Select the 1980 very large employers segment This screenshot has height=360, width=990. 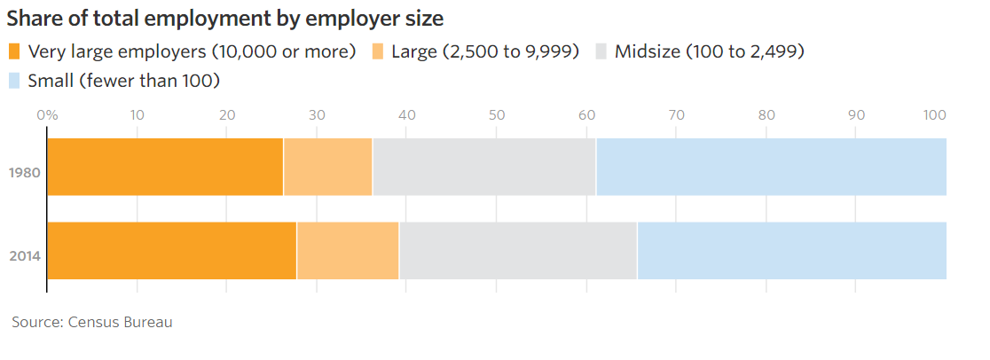(165, 167)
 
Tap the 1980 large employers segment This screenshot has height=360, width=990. (327, 167)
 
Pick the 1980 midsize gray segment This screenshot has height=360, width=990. (484, 167)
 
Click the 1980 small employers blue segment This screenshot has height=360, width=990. (771, 167)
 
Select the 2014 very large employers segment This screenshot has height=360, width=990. (171, 251)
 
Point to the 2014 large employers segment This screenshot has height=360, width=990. (348, 251)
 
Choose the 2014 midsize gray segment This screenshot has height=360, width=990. (518, 251)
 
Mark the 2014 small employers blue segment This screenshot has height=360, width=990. (791, 251)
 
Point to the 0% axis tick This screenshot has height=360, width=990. (47, 114)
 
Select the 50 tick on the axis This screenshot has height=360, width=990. (497, 114)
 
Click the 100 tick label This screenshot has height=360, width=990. (935, 114)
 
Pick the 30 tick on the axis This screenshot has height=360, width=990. (317, 114)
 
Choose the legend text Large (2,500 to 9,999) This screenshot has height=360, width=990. (485, 51)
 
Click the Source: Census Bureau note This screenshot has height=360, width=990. (92, 322)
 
